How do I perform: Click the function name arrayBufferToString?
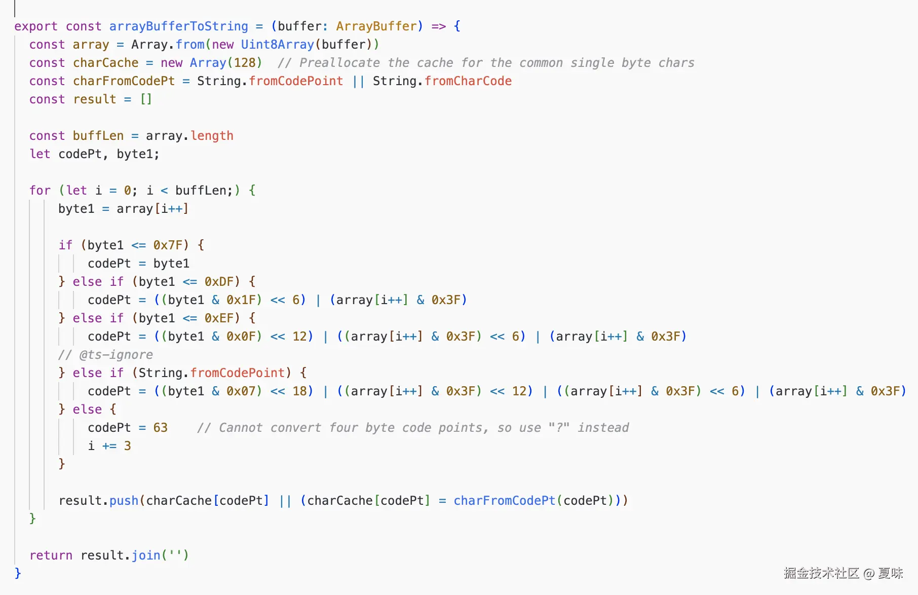(x=178, y=26)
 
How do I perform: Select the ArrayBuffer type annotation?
(x=376, y=26)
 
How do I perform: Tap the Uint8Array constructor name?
(x=277, y=45)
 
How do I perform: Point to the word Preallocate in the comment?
(x=339, y=63)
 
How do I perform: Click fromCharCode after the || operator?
(x=468, y=81)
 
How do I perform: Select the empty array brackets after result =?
(x=146, y=99)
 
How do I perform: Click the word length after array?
(x=212, y=136)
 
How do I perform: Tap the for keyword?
(x=40, y=191)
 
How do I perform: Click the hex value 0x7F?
(x=168, y=245)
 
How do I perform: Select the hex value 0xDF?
(x=219, y=282)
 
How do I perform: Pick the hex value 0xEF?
(x=219, y=318)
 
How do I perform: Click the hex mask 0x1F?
(x=241, y=300)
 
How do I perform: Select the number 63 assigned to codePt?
(x=160, y=428)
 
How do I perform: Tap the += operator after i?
(x=109, y=446)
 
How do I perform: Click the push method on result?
(x=124, y=501)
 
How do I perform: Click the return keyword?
(x=51, y=555)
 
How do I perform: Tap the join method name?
(x=146, y=555)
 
